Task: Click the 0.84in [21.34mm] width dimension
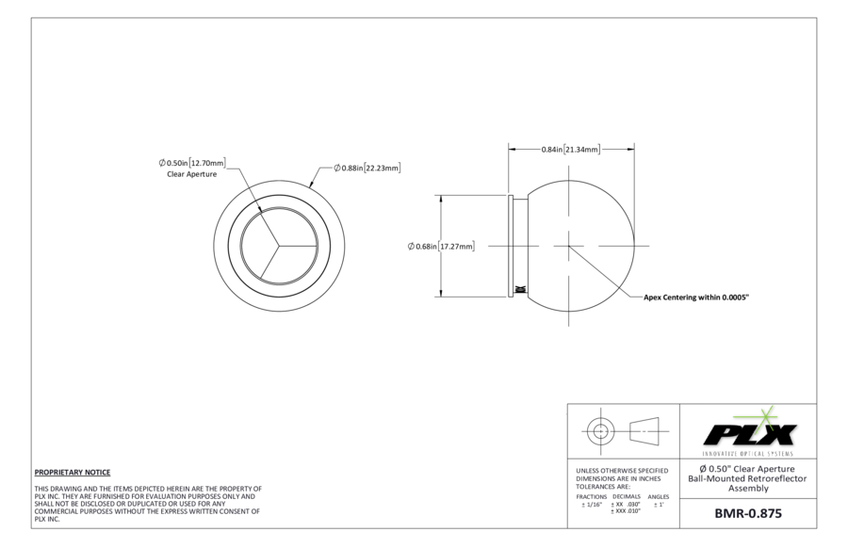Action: pos(571,149)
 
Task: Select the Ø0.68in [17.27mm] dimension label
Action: pos(441,247)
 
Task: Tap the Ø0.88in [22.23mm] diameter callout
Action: pos(367,169)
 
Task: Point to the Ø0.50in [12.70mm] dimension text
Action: pos(192,163)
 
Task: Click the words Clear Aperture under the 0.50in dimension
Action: pos(192,174)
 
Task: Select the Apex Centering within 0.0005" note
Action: pos(696,298)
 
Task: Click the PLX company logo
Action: pos(748,431)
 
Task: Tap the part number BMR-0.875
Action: pos(748,513)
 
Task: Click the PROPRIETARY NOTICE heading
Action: pos(73,473)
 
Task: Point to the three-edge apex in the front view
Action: pos(279,246)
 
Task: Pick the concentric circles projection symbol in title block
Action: pos(600,430)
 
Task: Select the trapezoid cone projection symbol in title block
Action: pos(644,430)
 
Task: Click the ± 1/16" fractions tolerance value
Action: pos(592,505)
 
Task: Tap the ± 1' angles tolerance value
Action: pos(659,505)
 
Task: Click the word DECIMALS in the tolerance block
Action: pos(627,496)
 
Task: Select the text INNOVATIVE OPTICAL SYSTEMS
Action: pos(748,454)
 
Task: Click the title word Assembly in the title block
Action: pos(748,489)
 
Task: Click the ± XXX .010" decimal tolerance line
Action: pos(626,511)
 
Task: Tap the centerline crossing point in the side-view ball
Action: pos(568,247)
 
